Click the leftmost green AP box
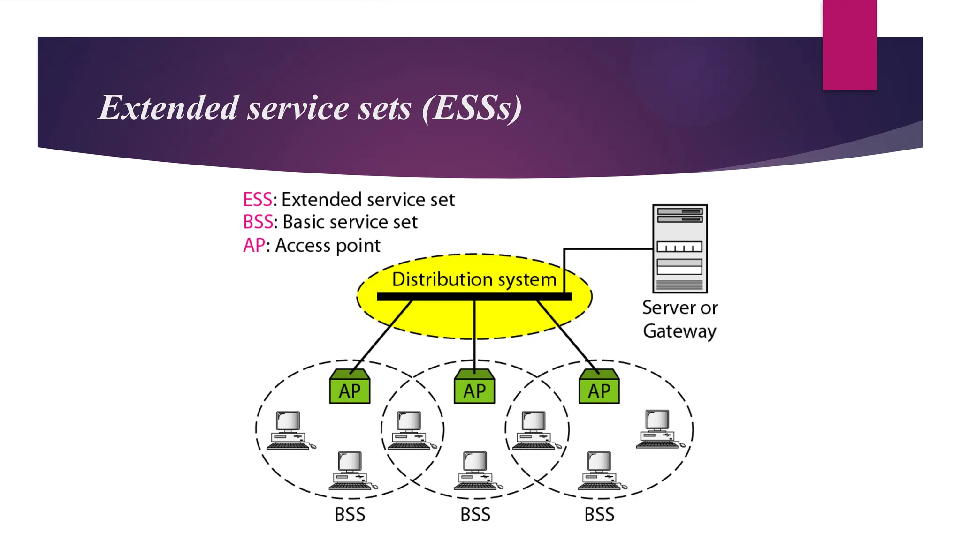tap(350, 387)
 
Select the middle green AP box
tap(474, 387)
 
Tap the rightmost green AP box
tap(599, 387)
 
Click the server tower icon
tap(680, 248)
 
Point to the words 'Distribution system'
tap(474, 279)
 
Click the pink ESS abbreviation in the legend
tap(257, 200)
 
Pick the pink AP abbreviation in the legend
tap(254, 245)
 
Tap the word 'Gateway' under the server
tap(679, 331)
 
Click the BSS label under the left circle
tap(350, 515)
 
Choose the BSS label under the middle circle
tap(475, 515)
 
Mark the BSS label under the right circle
tap(599, 515)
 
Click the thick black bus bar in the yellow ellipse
tap(474, 296)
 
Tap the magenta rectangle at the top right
tap(849, 45)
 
